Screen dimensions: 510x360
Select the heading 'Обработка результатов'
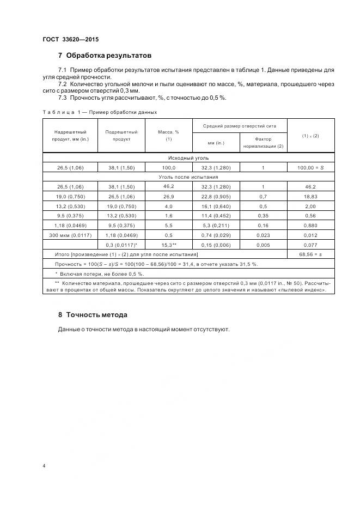108,56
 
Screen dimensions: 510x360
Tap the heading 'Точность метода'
96,315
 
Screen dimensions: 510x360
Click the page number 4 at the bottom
44,466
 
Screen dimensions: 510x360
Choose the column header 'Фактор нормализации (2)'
263,142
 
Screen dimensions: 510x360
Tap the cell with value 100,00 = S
310,167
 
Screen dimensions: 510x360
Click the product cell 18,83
310,196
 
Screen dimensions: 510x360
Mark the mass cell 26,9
168,196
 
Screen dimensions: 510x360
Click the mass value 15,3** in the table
168,245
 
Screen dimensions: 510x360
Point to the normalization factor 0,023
263,235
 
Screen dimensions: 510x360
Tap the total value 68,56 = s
310,254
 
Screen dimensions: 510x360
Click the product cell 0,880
310,226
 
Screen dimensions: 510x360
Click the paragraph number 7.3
62,98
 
